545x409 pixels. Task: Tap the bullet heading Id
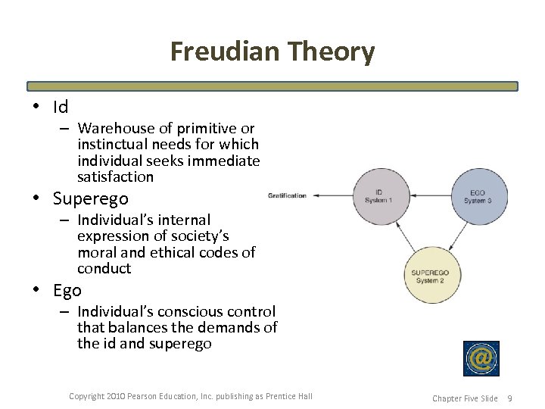pyautogui.click(x=61, y=107)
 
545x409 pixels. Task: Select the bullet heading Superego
pyautogui.click(x=91, y=198)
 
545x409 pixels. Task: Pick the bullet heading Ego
pyautogui.click(x=67, y=290)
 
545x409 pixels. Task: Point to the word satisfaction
pyautogui.click(x=115, y=176)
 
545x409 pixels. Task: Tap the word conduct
pyautogui.click(x=104, y=268)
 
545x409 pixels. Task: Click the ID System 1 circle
pyautogui.click(x=378, y=196)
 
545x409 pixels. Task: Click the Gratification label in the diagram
pyautogui.click(x=287, y=195)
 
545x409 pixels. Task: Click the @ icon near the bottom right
pyautogui.click(x=481, y=358)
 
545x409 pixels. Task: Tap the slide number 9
pyautogui.click(x=509, y=398)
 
